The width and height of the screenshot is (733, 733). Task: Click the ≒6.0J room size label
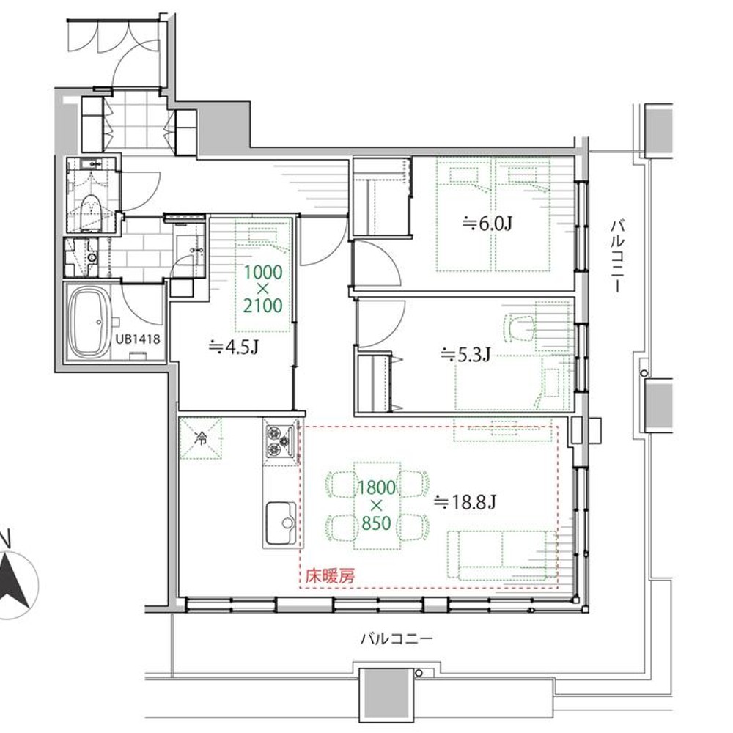coord(487,224)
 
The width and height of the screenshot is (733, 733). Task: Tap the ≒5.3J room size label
coord(465,355)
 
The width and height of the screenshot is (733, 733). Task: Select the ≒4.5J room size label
coord(234,347)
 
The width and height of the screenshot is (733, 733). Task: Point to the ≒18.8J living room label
coord(465,502)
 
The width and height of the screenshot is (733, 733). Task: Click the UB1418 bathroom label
coord(138,339)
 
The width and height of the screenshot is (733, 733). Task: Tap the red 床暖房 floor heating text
coord(330,576)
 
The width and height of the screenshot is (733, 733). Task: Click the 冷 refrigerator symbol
coord(201,438)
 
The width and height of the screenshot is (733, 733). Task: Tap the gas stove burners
coord(279,442)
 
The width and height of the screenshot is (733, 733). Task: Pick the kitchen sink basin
coord(281,523)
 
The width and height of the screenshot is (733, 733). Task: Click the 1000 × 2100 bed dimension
coord(262,288)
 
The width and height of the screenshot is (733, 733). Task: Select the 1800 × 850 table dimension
coord(376,505)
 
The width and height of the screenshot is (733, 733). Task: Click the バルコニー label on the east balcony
coord(617,257)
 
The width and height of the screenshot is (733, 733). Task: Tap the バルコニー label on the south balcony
coord(397,638)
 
